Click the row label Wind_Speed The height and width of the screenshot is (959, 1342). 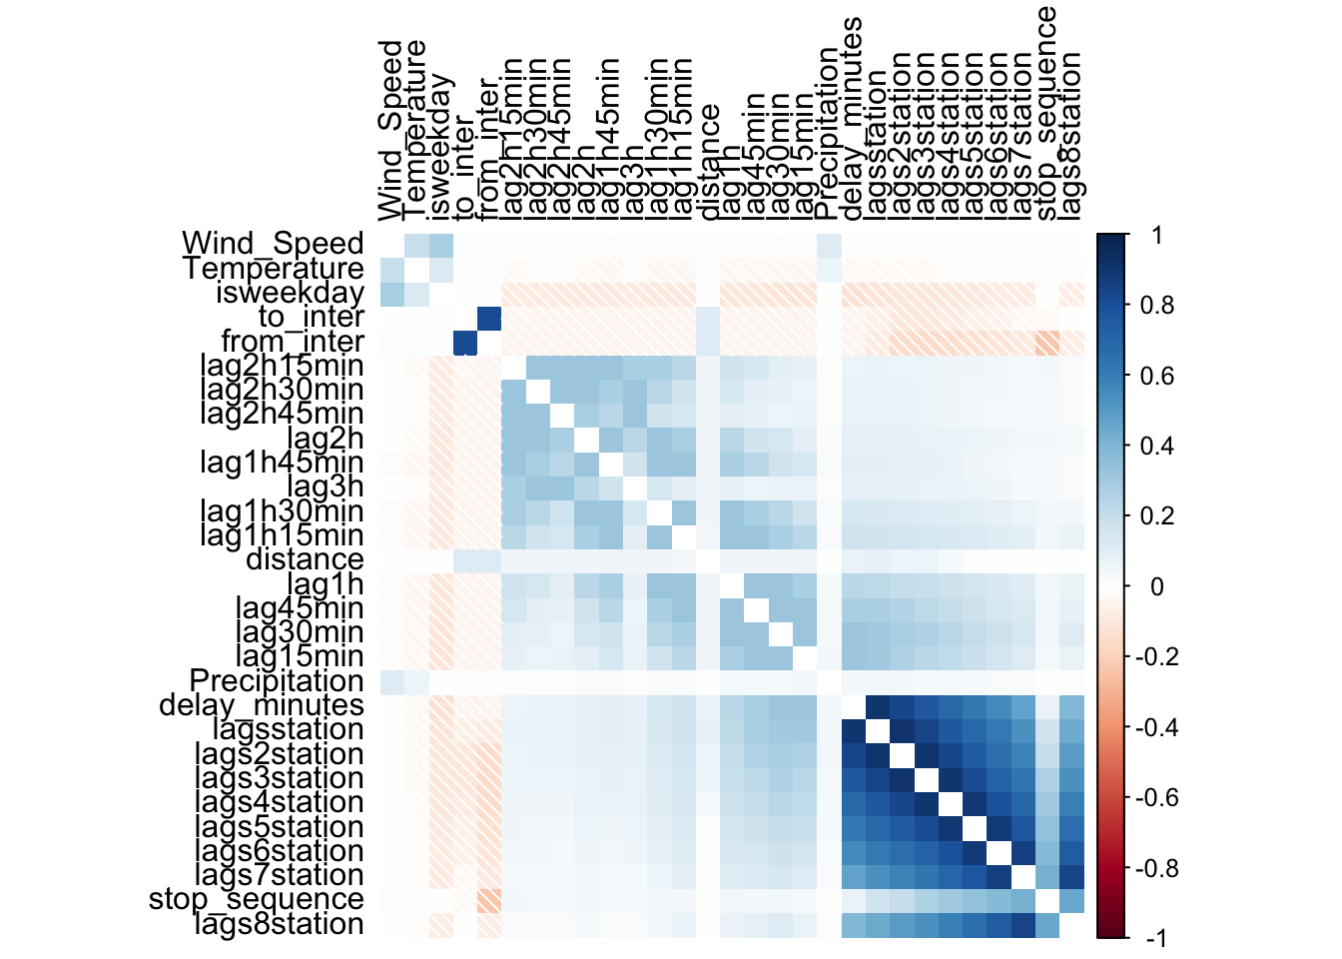[273, 244]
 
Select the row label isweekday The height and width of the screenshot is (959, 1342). [290, 293]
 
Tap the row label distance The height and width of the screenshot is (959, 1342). [305, 559]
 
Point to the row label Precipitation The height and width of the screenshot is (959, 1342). [277, 681]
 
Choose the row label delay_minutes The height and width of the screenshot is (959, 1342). [262, 705]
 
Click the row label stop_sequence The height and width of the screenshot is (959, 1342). [257, 899]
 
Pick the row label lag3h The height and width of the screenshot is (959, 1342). [326, 486]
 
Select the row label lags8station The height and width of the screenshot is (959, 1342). [280, 924]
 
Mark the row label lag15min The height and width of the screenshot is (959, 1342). [300, 656]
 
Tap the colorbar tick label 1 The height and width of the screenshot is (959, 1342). [1156, 236]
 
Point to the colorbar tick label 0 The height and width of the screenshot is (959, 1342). [1156, 586]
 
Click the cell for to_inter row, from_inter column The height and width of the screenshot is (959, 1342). [489, 318]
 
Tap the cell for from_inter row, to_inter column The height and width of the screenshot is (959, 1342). [464, 342]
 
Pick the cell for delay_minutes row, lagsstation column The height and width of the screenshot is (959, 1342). [878, 705]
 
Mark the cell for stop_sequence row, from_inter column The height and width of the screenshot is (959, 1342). [489, 899]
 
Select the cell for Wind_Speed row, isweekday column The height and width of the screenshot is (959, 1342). [440, 245]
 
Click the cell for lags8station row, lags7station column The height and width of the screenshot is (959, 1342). [1023, 924]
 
